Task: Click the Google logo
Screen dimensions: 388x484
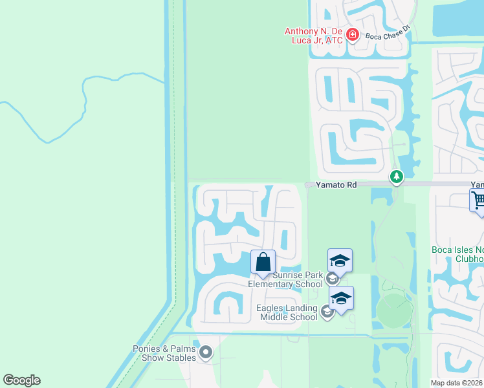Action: coord(22,380)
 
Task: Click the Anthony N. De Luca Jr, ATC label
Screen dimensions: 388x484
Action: coord(314,35)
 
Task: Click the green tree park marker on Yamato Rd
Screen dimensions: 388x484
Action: coord(396,176)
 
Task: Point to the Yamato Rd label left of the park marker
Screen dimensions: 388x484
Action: coord(336,185)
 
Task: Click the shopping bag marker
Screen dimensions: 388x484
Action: coord(263,263)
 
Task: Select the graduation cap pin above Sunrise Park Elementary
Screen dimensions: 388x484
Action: coord(340,261)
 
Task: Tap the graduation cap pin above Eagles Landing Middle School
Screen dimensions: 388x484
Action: coord(341,298)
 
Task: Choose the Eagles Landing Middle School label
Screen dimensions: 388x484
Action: coord(288,313)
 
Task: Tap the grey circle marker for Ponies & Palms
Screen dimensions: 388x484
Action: coord(206,352)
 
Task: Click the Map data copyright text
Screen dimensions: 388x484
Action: coord(457,383)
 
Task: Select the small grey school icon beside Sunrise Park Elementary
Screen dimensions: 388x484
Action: coord(332,279)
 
